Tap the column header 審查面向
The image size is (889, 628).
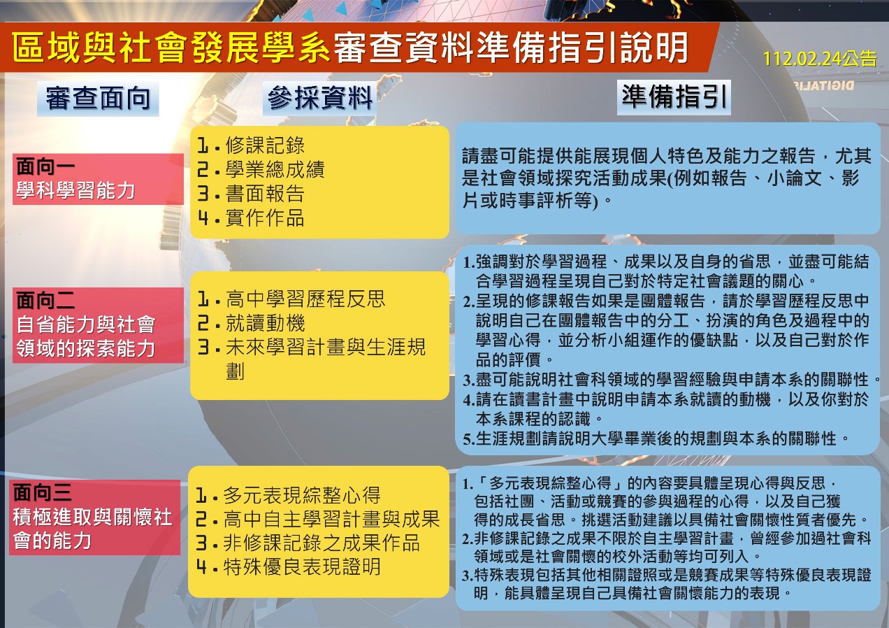[x=98, y=98]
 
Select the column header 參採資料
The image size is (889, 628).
[x=320, y=98]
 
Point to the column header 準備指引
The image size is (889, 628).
[x=674, y=97]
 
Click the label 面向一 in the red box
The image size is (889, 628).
[x=45, y=166]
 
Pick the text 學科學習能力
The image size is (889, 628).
[x=75, y=191]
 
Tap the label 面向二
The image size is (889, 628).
[x=45, y=300]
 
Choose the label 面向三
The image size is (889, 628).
[x=42, y=493]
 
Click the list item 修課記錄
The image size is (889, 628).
[x=265, y=145]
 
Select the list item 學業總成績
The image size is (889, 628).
[x=275, y=170]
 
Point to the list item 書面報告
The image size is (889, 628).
[x=265, y=194]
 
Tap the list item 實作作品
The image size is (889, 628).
[x=265, y=218]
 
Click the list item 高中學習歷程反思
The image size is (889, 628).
[x=305, y=299]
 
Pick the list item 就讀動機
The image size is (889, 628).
[x=265, y=323]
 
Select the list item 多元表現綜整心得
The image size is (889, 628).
[x=302, y=495]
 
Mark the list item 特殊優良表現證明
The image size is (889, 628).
[x=302, y=567]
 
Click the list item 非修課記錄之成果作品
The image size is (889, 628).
[x=321, y=543]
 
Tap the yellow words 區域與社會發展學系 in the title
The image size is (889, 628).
[x=171, y=48]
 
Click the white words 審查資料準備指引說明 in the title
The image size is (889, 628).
[x=511, y=48]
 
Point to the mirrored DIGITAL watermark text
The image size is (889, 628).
[x=824, y=86]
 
